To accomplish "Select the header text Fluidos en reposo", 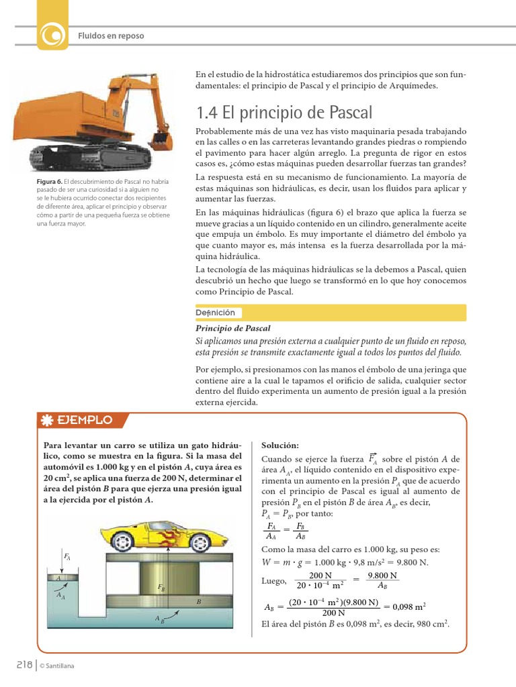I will point(111,35).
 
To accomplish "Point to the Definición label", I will point(215,313).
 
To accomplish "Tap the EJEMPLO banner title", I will point(85,421).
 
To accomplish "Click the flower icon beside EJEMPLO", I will point(48,421).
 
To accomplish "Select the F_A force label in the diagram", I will point(67,556).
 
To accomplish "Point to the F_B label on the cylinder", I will point(161,587).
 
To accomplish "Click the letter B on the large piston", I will point(198,602).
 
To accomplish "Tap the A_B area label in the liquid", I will point(159,619).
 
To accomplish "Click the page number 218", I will point(25,664).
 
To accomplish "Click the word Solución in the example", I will point(279,446).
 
